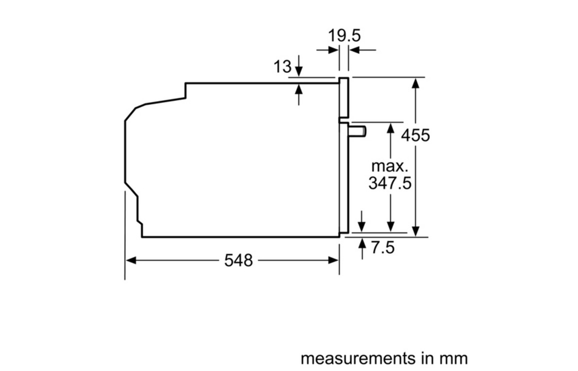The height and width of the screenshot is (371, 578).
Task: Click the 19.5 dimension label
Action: pos(344,36)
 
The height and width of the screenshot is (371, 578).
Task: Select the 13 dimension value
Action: pos(282,67)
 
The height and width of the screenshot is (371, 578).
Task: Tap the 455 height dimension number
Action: pos(415,135)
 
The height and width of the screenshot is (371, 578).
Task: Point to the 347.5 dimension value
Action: pos(389,182)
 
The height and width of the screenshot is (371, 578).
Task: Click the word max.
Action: pos(389,166)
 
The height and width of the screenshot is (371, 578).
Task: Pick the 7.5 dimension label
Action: pos(382,247)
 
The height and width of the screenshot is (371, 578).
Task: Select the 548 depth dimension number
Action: pos(238,260)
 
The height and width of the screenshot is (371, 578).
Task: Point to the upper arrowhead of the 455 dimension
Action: pos(416,82)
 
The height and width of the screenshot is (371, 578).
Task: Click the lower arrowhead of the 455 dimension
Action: pos(416,231)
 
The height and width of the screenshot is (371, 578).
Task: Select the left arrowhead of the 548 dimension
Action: pos(130,260)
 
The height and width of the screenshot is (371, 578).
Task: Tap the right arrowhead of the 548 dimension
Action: pos(333,260)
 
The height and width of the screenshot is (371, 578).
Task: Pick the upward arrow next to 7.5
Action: pos(362,248)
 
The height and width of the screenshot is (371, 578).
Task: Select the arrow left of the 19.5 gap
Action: pos(327,49)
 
